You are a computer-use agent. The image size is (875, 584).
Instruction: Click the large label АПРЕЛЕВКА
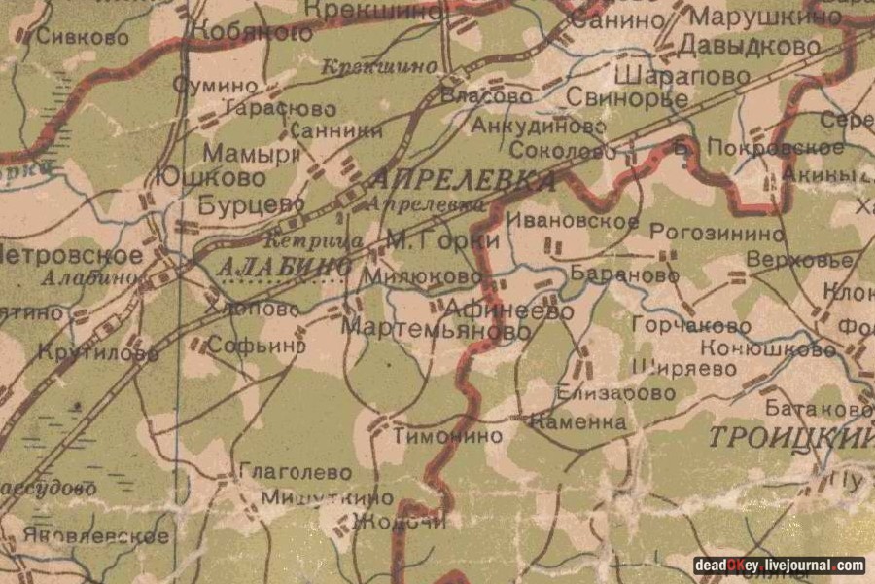462,180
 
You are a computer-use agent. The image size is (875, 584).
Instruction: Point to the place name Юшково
209,178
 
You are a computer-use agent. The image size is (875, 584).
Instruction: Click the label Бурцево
237,205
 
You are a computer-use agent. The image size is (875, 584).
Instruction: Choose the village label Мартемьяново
436,331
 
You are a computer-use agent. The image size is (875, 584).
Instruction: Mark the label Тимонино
448,436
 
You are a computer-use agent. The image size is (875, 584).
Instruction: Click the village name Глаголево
295,472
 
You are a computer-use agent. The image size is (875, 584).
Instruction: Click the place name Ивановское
573,222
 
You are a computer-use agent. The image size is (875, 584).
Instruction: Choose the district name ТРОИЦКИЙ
789,437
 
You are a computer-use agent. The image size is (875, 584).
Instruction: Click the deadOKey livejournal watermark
779,566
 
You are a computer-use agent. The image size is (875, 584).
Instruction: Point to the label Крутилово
98,353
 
